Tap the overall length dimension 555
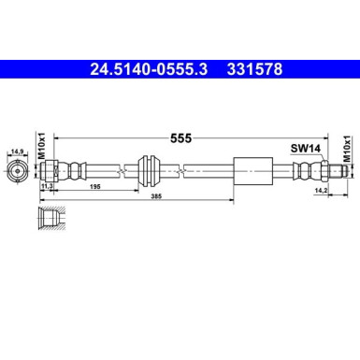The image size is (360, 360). (x=180, y=137)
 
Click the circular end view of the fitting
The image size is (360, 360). (x=16, y=170)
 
